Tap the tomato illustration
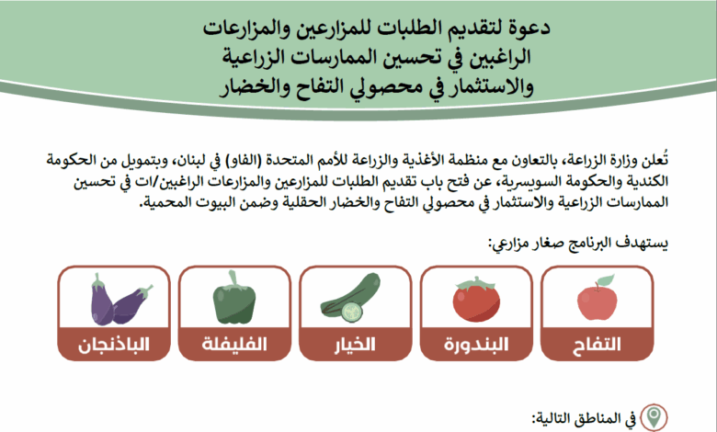click(476, 299)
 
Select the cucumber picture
click(351, 297)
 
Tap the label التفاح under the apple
click(597, 345)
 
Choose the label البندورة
click(476, 345)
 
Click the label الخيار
click(355, 345)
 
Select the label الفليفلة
click(234, 345)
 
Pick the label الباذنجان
click(114, 345)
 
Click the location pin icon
click(654, 417)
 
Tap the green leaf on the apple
click(607, 280)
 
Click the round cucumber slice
click(352, 312)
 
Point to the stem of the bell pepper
click(233, 279)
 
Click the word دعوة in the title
click(531, 28)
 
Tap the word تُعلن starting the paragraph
click(657, 160)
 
